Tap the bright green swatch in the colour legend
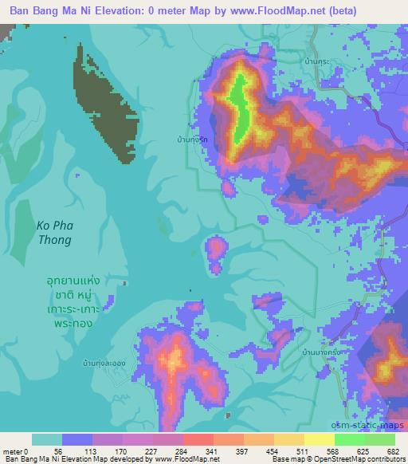(x=350, y=439)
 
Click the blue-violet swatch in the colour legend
(x=77, y=439)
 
